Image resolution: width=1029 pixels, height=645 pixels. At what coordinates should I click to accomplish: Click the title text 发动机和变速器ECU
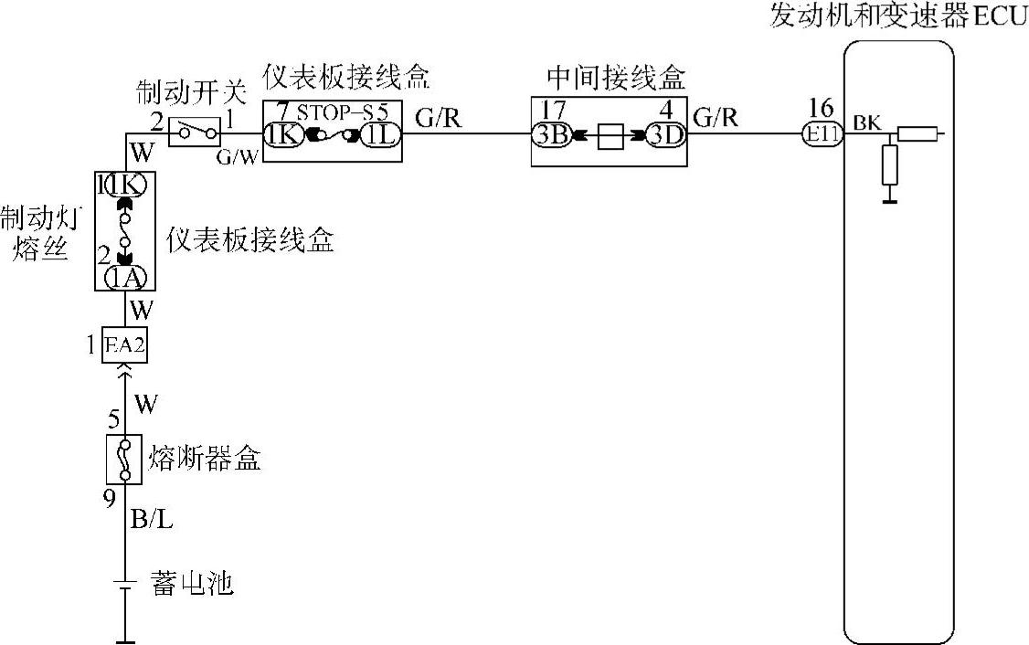pyautogui.click(x=899, y=16)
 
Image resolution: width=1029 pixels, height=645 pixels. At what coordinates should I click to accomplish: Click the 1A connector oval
pyautogui.click(x=124, y=278)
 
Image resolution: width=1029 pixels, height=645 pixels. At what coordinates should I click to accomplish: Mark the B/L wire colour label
pyautogui.click(x=153, y=521)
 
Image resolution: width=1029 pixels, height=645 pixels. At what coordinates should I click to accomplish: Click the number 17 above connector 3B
pyautogui.click(x=552, y=108)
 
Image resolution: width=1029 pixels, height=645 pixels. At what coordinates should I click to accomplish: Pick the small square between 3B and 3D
pyautogui.click(x=609, y=137)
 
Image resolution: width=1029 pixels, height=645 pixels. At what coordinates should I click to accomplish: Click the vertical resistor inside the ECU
pyautogui.click(x=889, y=168)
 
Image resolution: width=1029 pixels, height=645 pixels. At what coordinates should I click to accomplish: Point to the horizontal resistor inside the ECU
pyautogui.click(x=917, y=135)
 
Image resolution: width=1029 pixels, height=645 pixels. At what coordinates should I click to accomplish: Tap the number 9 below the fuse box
pyautogui.click(x=110, y=499)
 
